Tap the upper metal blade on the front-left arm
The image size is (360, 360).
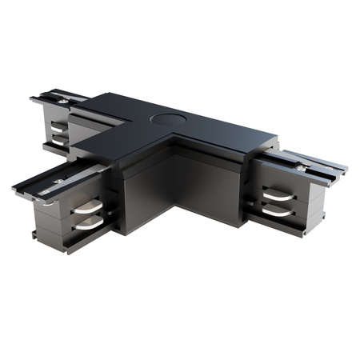point(88,210)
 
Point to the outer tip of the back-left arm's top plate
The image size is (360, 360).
point(34,100)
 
